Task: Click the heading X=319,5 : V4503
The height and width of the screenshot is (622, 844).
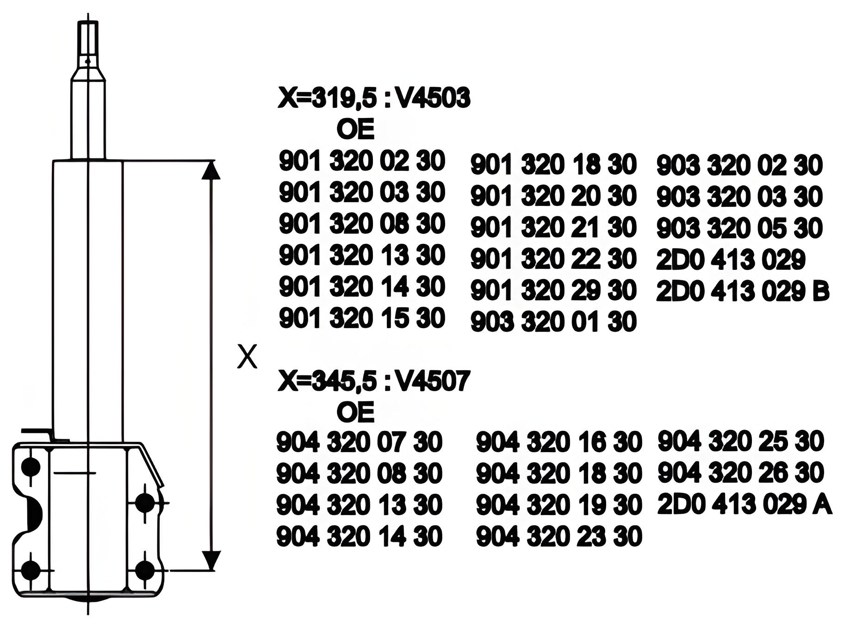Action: [373, 99]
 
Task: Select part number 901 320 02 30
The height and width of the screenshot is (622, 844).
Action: [362, 162]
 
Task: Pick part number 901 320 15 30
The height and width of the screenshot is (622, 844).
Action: [362, 318]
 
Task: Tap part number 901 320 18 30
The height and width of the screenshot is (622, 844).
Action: [553, 165]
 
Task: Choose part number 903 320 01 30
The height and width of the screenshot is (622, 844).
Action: [553, 322]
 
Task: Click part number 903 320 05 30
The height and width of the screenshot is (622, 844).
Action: [739, 228]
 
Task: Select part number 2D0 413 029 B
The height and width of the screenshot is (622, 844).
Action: [743, 292]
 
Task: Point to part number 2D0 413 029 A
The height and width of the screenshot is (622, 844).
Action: [745, 505]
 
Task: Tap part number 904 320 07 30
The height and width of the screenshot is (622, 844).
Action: [359, 442]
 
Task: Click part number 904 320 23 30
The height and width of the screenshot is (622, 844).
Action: [559, 536]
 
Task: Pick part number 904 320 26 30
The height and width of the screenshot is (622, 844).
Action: [740, 473]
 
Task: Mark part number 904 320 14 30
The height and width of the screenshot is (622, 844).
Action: [359, 536]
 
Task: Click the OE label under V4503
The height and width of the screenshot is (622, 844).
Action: [355, 130]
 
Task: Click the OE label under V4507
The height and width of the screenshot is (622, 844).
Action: [355, 412]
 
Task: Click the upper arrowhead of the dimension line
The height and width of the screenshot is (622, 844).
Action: [211, 170]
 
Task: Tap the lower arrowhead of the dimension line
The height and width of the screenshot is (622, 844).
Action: [211, 560]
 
